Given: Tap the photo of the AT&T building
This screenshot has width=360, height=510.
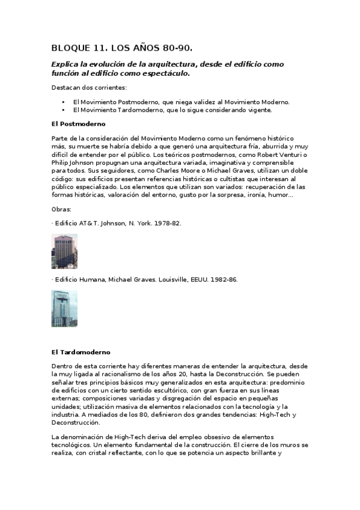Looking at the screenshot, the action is click(64, 251).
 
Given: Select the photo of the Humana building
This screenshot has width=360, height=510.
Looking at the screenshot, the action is click(64, 309).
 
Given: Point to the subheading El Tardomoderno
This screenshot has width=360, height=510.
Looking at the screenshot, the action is click(81, 351).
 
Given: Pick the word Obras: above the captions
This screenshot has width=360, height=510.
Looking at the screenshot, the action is click(61, 209).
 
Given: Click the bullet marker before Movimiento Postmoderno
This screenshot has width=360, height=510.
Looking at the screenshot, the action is click(63, 102).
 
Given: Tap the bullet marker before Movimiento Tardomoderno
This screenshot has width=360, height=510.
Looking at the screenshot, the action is click(63, 110).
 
